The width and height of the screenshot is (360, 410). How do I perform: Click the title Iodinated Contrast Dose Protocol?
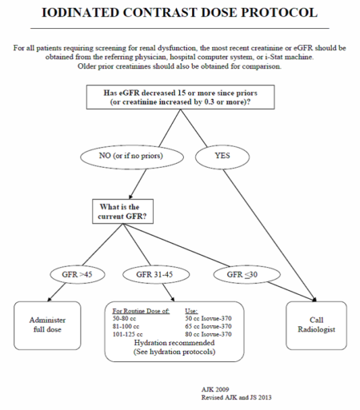(x=179, y=13)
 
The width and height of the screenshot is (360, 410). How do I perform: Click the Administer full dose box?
(x=47, y=324)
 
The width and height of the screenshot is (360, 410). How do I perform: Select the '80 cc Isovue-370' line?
(x=210, y=333)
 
